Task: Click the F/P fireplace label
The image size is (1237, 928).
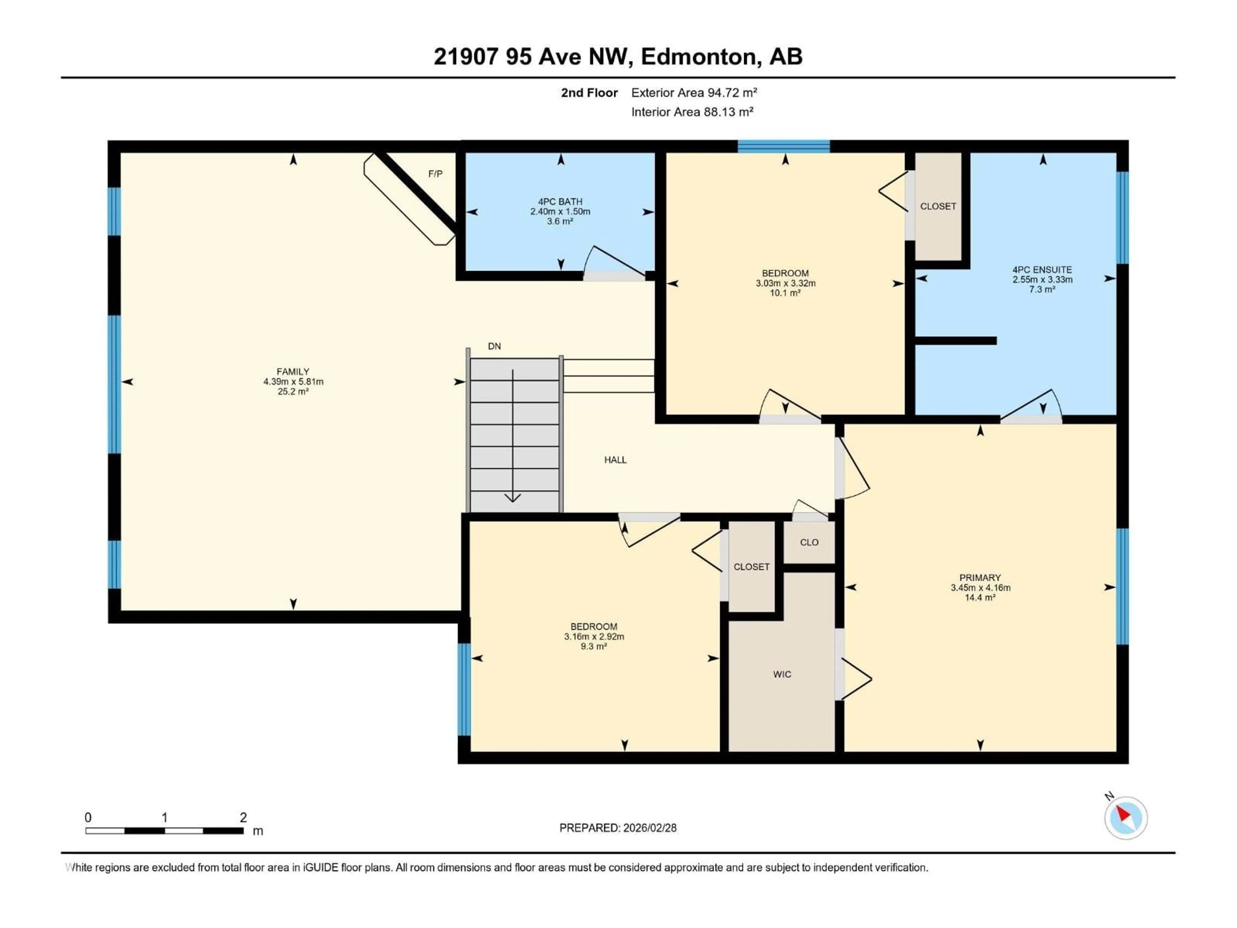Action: point(435,174)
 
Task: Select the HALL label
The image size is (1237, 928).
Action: point(615,460)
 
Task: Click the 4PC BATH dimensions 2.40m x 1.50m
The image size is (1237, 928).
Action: point(560,211)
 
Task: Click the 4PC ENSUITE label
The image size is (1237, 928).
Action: point(1042,270)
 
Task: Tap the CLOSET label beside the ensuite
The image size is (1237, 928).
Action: point(938,207)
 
